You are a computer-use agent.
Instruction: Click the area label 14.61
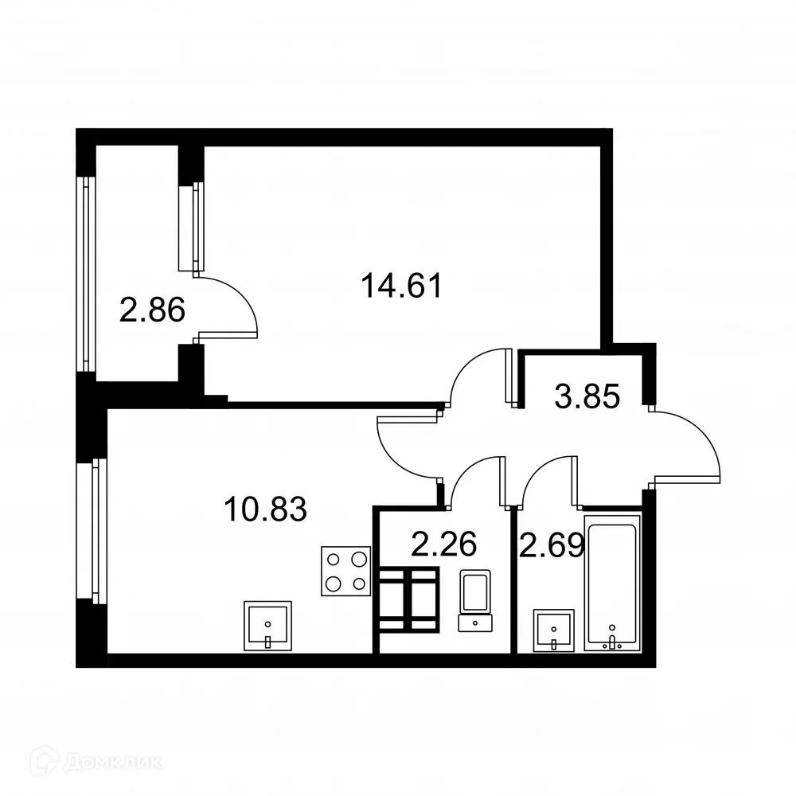[x=401, y=285]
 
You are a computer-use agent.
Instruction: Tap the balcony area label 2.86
[x=152, y=309]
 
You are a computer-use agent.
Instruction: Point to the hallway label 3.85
[x=587, y=396]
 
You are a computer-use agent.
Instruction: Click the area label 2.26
[x=443, y=545]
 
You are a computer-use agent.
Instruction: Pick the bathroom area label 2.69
[x=552, y=545]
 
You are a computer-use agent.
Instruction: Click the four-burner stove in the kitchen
[x=346, y=571]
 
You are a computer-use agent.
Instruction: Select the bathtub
[x=611, y=583]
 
